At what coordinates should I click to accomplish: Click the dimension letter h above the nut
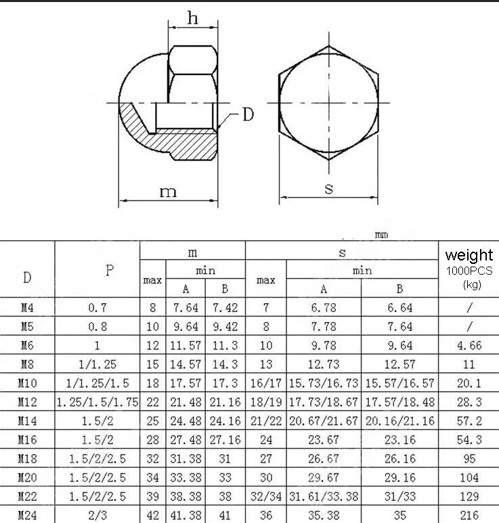(x=192, y=18)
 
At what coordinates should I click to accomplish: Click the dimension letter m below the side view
(x=168, y=191)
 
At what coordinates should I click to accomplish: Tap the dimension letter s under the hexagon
(x=329, y=189)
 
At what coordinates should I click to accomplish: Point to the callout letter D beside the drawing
(x=248, y=114)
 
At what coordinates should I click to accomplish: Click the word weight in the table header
(x=469, y=256)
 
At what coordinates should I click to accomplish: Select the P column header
(x=109, y=270)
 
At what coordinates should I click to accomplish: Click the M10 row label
(x=27, y=383)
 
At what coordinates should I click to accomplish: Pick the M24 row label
(x=27, y=516)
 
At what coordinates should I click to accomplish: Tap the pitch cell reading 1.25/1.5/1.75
(x=97, y=402)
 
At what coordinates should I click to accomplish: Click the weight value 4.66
(x=469, y=345)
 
